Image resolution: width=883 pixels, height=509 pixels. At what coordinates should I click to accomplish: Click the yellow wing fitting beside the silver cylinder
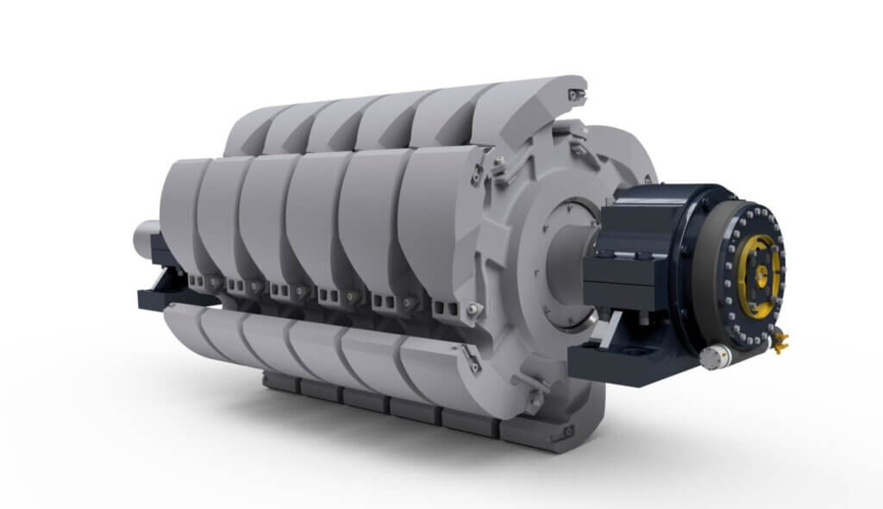coord(780,343)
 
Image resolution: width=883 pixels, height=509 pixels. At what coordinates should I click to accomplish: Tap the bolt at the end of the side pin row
coord(472,309)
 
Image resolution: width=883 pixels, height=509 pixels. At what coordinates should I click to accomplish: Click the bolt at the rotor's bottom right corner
coord(567,430)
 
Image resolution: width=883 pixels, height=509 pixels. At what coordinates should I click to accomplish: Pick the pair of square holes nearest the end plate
coord(447,308)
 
